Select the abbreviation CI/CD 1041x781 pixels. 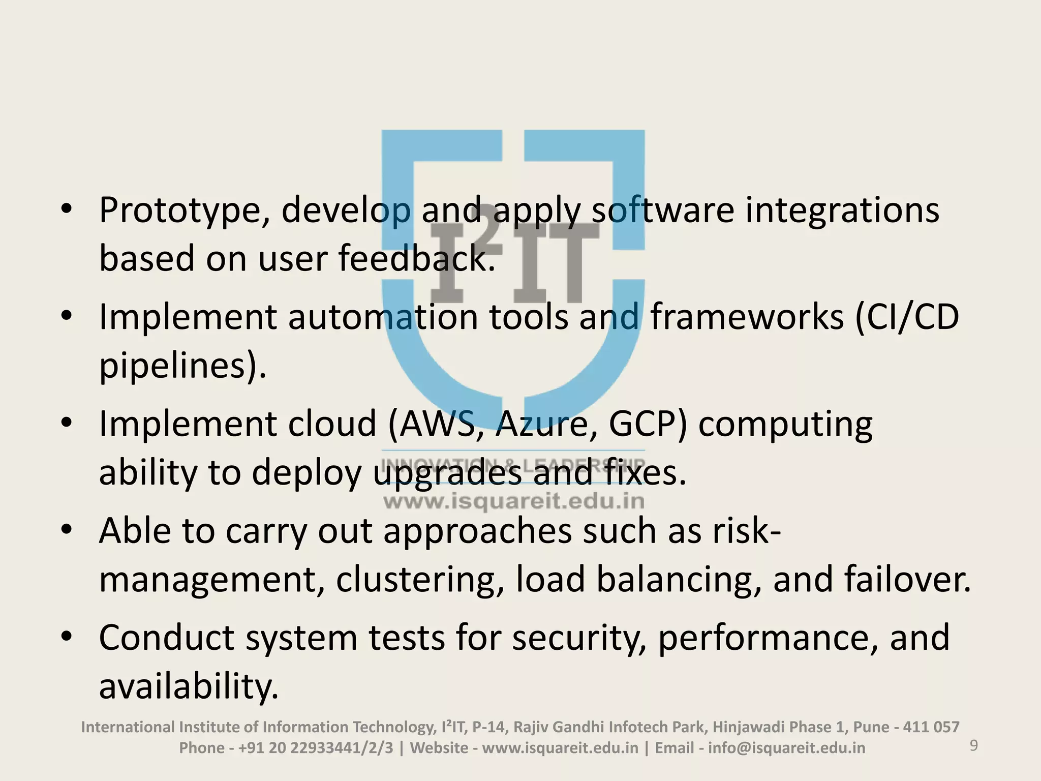click(x=907, y=317)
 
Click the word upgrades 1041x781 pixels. click(x=448, y=472)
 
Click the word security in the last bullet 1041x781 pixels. click(x=579, y=637)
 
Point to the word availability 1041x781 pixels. click(x=189, y=686)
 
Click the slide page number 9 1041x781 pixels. click(x=974, y=746)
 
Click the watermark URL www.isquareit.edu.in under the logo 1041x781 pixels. click(x=513, y=502)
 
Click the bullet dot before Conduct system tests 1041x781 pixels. click(x=66, y=637)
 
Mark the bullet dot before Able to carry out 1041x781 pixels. click(x=66, y=530)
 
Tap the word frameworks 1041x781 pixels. click(x=747, y=317)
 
